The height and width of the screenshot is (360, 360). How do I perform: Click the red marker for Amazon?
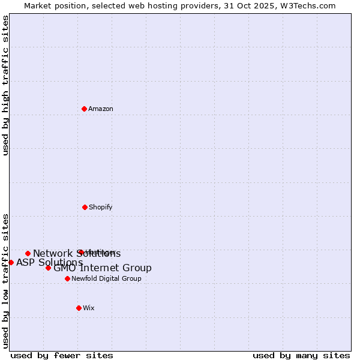[85, 109]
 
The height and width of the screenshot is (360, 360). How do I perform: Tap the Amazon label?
[101, 109]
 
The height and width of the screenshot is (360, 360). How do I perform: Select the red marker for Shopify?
[85, 207]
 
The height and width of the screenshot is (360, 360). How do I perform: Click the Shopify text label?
[100, 208]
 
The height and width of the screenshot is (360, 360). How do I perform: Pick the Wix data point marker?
[79, 308]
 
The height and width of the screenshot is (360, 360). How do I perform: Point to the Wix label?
[89, 308]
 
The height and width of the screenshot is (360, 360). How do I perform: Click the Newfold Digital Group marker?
[67, 278]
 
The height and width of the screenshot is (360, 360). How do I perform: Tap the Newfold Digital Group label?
[106, 279]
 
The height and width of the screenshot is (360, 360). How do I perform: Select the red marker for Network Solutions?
[28, 253]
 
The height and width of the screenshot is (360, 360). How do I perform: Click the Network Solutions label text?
[77, 254]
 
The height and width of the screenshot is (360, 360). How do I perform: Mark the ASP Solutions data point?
[11, 262]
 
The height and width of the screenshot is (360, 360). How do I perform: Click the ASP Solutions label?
[49, 263]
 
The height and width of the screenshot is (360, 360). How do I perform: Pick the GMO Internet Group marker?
[48, 268]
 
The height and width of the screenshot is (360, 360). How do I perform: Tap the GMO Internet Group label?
[103, 268]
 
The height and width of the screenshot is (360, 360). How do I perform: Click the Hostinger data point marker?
[80, 252]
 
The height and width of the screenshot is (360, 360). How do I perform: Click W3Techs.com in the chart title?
[310, 6]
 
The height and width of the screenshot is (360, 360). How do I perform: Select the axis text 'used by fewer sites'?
[62, 355]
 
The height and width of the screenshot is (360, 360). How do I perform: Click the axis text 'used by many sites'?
[301, 355]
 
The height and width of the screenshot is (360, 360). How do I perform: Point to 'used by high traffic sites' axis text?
[6, 85]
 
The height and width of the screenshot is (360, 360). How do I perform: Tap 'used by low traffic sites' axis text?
[6, 281]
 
